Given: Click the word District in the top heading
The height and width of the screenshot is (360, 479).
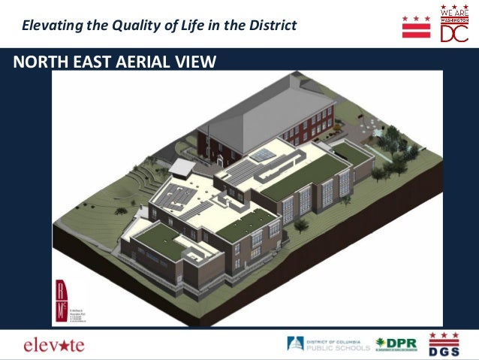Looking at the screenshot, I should point(272,26).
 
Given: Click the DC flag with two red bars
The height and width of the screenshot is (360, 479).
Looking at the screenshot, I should point(416,26).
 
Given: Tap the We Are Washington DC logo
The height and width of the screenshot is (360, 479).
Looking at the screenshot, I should point(453,24).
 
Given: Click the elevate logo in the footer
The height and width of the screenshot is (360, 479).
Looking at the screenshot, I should point(54,345).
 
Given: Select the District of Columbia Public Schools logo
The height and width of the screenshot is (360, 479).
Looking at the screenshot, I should point(328,344).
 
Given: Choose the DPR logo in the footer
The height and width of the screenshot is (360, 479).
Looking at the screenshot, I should point(396,344).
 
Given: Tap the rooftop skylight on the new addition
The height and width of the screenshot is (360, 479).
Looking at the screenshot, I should point(261,154).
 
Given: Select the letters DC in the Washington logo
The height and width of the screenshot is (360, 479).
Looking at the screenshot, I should point(454,35).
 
